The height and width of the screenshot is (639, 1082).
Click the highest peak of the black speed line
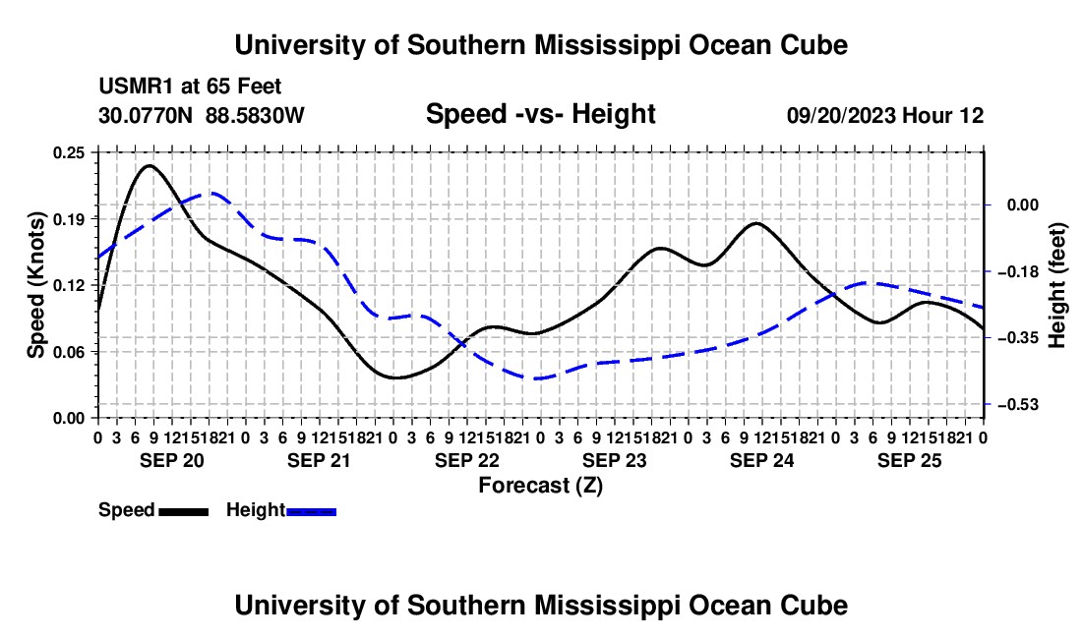pyautogui.click(x=150, y=165)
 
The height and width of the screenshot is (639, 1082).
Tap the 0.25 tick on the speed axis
pyautogui.click(x=69, y=153)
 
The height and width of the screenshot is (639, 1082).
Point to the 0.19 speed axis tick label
pyautogui.click(x=69, y=219)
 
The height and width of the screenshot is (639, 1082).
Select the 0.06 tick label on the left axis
pyautogui.click(x=69, y=352)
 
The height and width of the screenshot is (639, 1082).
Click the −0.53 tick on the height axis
pyautogui.click(x=1018, y=405)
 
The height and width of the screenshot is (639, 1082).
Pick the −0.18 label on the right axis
pyautogui.click(x=1018, y=271)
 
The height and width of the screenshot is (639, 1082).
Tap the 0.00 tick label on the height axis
pyautogui.click(x=1023, y=204)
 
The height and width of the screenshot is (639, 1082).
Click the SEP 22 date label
pyautogui.click(x=466, y=460)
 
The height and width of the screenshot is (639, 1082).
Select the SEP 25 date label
pyautogui.click(x=910, y=460)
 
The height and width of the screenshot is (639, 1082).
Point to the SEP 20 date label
pyautogui.click(x=172, y=460)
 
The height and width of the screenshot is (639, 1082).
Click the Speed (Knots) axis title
pyautogui.click(x=35, y=285)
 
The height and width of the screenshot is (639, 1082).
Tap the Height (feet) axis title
pyautogui.click(x=1057, y=285)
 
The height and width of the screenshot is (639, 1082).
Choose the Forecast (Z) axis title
pyautogui.click(x=540, y=486)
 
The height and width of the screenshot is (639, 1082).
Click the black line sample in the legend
pyautogui.click(x=184, y=512)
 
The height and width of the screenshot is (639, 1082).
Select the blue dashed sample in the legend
pyautogui.click(x=311, y=512)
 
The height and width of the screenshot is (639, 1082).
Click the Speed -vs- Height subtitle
pyautogui.click(x=540, y=114)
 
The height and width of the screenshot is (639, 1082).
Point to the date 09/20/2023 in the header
pyautogui.click(x=841, y=116)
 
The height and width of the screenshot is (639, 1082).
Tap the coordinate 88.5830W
pyautogui.click(x=255, y=116)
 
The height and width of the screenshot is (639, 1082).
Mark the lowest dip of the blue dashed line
pyautogui.click(x=535, y=378)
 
